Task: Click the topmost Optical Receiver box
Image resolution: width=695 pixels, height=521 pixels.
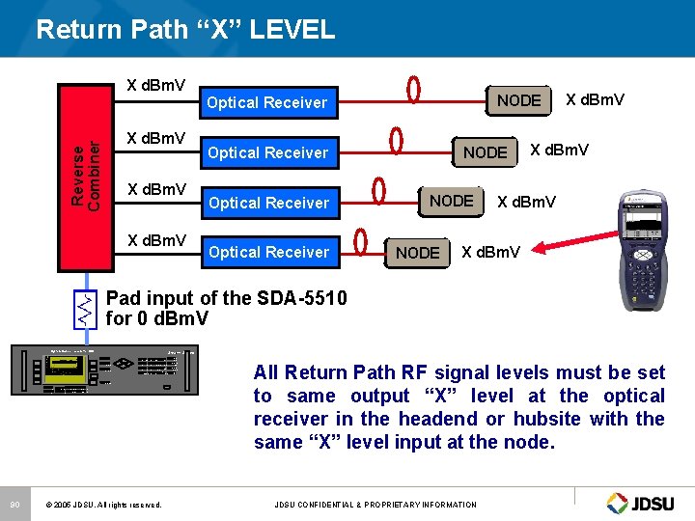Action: point(267,102)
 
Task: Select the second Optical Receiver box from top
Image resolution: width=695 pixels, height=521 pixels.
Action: point(267,152)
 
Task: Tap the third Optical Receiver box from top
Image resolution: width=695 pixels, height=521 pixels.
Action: point(267,203)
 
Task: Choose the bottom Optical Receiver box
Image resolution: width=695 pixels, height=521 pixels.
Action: point(267,252)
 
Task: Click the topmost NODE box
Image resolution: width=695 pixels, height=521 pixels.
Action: point(518,100)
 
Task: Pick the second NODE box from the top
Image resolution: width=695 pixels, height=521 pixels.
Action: point(485,152)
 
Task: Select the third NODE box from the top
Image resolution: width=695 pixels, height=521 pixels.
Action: point(451,201)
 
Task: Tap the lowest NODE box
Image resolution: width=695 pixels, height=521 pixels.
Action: point(417,253)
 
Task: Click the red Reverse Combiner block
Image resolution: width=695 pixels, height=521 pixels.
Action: point(86,174)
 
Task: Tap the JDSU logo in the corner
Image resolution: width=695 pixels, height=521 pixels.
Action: point(645,503)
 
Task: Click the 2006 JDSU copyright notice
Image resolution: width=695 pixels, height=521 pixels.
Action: point(103,505)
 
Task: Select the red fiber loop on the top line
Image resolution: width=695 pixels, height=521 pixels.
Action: point(414,90)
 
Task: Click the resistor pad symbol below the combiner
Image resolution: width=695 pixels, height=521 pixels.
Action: point(86,308)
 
